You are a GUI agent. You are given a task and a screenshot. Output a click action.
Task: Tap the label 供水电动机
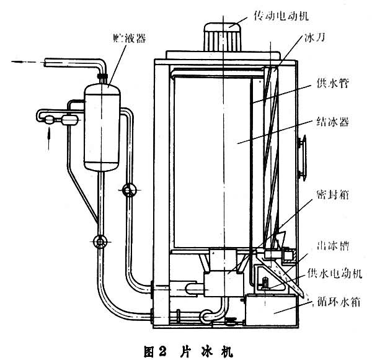(333, 273)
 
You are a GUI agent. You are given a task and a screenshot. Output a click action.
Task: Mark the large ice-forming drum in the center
(211, 155)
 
